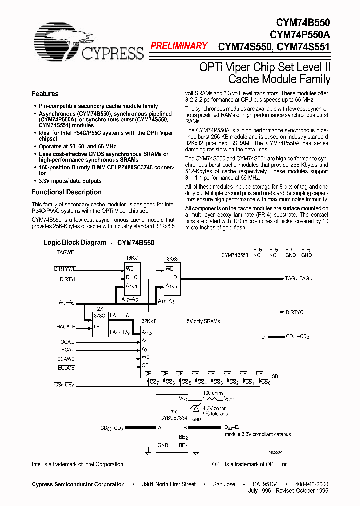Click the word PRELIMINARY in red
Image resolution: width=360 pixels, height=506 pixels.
click(x=179, y=46)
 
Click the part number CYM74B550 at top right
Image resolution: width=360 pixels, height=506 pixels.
click(x=303, y=22)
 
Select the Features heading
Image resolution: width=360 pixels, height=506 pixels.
click(x=45, y=94)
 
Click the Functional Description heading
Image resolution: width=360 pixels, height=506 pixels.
click(x=66, y=192)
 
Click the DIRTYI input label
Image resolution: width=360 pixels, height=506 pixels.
click(x=67, y=280)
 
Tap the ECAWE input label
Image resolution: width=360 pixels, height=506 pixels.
click(x=66, y=358)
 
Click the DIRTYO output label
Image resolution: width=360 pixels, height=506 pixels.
click(x=294, y=312)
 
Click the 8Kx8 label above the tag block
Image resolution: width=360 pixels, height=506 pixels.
click(x=172, y=259)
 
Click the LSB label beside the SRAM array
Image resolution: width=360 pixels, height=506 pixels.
click(x=274, y=375)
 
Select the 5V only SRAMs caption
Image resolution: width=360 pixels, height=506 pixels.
click(x=203, y=321)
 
